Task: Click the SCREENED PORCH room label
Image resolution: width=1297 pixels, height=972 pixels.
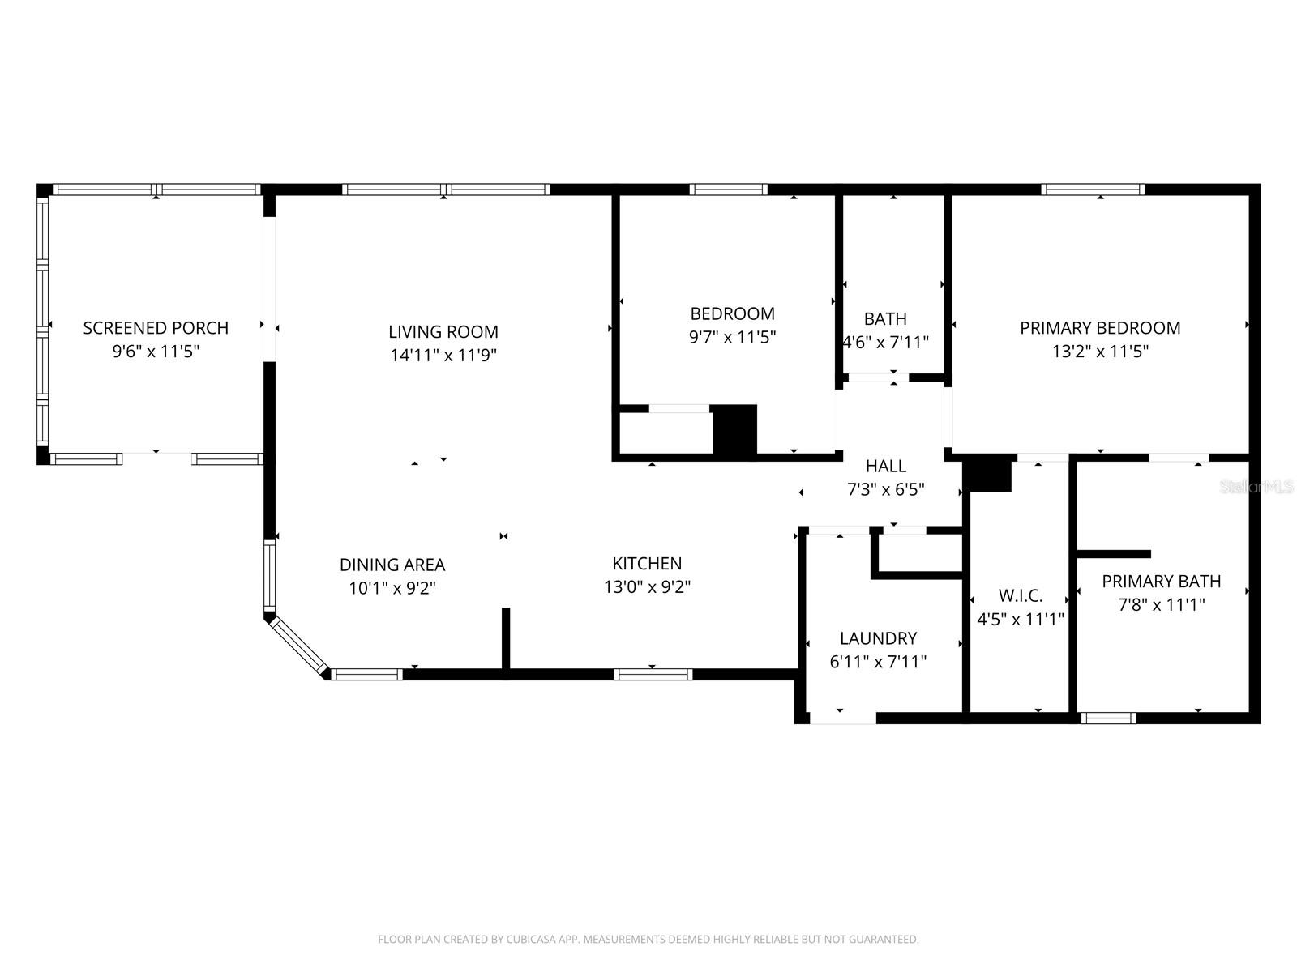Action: (156, 328)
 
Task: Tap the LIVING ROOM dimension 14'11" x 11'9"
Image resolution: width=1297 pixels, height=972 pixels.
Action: (443, 355)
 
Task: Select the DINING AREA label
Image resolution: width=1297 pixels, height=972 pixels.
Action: (392, 565)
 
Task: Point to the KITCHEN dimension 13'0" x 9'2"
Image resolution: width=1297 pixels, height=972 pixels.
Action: (647, 586)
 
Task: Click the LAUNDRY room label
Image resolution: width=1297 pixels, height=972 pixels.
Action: (878, 638)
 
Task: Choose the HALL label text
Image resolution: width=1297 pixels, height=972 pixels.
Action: (885, 466)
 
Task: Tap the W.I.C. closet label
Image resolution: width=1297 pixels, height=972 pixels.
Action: (1020, 596)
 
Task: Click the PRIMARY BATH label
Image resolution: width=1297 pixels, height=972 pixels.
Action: (1161, 582)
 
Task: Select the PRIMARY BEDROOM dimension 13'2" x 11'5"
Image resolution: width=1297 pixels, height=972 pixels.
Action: (1100, 352)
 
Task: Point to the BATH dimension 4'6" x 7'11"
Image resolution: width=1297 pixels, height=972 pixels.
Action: (885, 343)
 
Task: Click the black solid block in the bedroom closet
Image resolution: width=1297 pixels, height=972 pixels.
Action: (734, 429)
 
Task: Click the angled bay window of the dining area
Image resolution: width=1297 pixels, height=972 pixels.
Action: (297, 645)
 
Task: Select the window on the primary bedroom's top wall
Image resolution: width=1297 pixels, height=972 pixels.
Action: (1093, 190)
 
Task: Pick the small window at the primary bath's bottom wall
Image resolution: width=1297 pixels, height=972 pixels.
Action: (1109, 718)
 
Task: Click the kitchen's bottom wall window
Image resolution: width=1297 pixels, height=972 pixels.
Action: (653, 674)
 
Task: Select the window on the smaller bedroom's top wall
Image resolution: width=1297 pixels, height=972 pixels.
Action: (728, 190)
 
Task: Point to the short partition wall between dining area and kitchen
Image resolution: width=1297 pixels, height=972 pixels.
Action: (505, 640)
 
